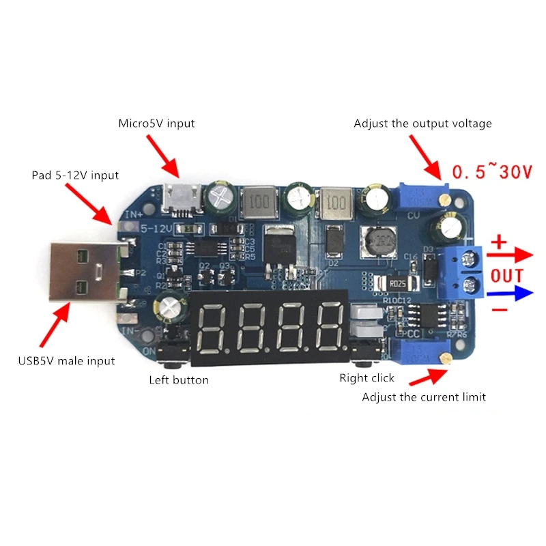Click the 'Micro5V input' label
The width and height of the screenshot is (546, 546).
click(x=156, y=124)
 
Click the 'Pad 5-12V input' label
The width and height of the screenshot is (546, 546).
click(x=75, y=175)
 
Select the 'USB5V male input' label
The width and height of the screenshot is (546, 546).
click(x=66, y=361)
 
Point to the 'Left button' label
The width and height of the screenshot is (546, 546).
click(x=179, y=379)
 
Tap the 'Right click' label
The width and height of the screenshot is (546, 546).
click(x=367, y=377)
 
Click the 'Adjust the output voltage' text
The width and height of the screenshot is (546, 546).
click(x=422, y=124)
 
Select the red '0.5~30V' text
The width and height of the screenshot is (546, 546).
click(x=491, y=172)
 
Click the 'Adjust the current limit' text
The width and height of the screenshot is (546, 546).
click(x=424, y=397)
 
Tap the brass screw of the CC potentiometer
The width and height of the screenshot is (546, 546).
click(x=446, y=358)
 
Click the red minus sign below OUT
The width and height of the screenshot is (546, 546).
click(x=500, y=311)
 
